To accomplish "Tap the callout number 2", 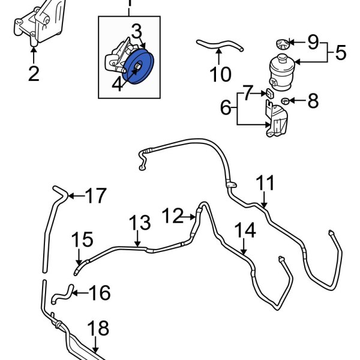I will pyautogui.click(x=33, y=74).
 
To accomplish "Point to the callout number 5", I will pyautogui.click(x=341, y=53).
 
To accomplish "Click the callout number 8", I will pyautogui.click(x=313, y=101).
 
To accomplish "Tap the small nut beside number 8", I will pyautogui.click(x=286, y=100).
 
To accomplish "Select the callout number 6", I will pyautogui.click(x=226, y=108).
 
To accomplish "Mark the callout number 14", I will pyautogui.click(x=245, y=230).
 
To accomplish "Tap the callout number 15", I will pyautogui.click(x=83, y=241).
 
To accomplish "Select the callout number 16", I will pyautogui.click(x=100, y=293).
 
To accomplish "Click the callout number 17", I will pyautogui.click(x=95, y=196).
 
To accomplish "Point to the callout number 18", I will pyautogui.click(x=99, y=328).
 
